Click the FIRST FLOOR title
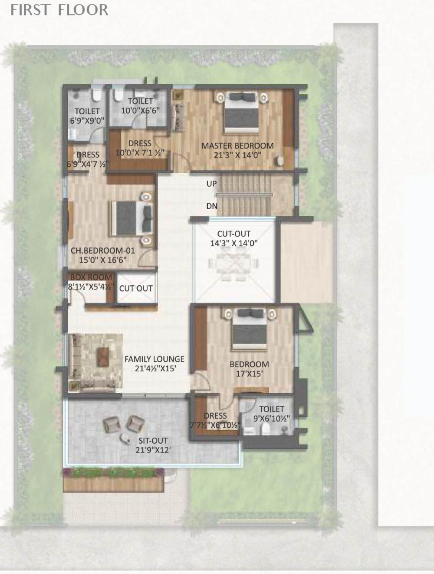pyautogui.click(x=59, y=10)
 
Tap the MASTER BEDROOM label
pyautogui.click(x=237, y=145)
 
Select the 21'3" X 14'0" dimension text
pyautogui.click(x=237, y=155)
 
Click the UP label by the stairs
pyautogui.click(x=211, y=184)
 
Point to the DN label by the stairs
pyautogui.click(x=212, y=206)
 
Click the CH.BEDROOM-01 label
pyautogui.click(x=103, y=251)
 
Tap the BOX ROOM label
pyautogui.click(x=91, y=277)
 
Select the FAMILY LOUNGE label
pyautogui.click(x=154, y=359)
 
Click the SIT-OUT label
pyautogui.click(x=153, y=441)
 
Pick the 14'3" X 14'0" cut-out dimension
pyautogui.click(x=233, y=243)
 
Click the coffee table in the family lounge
pyautogui.click(x=102, y=357)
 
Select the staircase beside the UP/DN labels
pyautogui.click(x=243, y=195)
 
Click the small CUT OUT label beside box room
pyautogui.click(x=136, y=288)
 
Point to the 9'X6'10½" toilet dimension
pyautogui.click(x=272, y=419)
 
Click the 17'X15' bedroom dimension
pyautogui.click(x=249, y=374)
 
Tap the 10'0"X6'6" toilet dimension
pyautogui.click(x=140, y=110)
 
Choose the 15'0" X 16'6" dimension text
pyautogui.click(x=103, y=260)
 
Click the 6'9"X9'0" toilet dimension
pyautogui.click(x=87, y=121)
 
